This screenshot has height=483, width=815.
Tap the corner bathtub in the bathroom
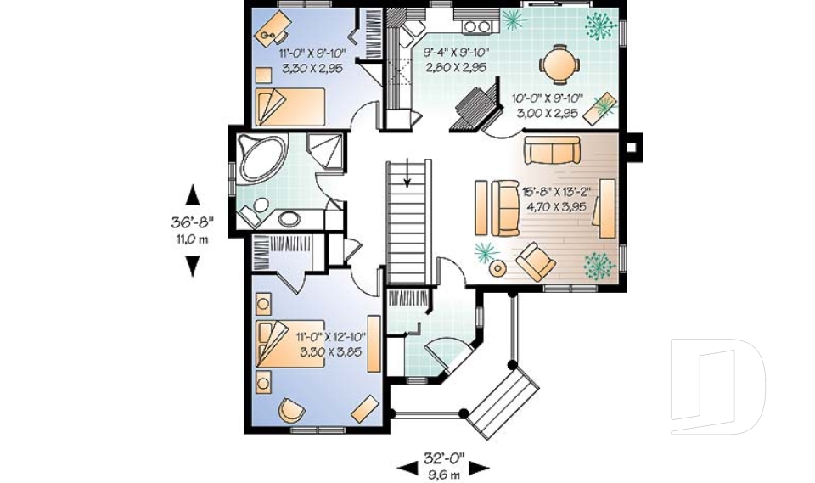[x=260, y=157]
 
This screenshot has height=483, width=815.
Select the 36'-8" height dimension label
[x=193, y=222]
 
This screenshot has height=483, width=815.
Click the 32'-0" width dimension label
[x=443, y=458]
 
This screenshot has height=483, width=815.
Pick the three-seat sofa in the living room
[x=552, y=150]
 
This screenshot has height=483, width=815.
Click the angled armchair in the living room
[x=536, y=261]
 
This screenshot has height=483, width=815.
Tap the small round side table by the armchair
[x=498, y=268]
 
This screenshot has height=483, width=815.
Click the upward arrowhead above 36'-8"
[x=193, y=195]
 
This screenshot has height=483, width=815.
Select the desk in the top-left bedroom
[x=273, y=28]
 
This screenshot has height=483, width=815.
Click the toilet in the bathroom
[x=254, y=212]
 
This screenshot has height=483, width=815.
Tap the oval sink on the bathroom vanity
[x=289, y=219]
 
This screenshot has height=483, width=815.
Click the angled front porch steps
[x=503, y=399]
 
